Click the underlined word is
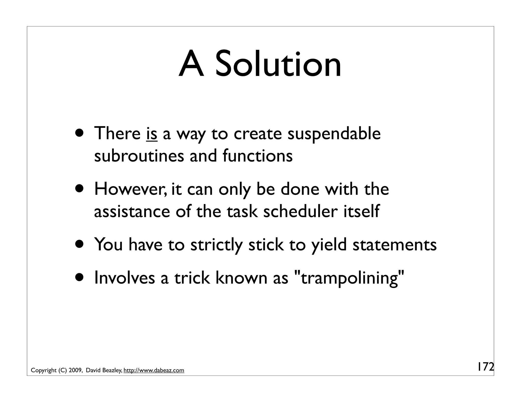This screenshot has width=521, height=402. pyautogui.click(x=152, y=134)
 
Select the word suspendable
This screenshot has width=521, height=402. pyautogui.click(x=334, y=134)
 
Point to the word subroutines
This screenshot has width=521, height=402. pyautogui.click(x=139, y=156)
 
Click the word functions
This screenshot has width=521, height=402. pyautogui.click(x=258, y=156)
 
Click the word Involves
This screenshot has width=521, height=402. pyautogui.click(x=124, y=278)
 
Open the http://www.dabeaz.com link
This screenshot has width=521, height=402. pyautogui.click(x=154, y=370)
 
